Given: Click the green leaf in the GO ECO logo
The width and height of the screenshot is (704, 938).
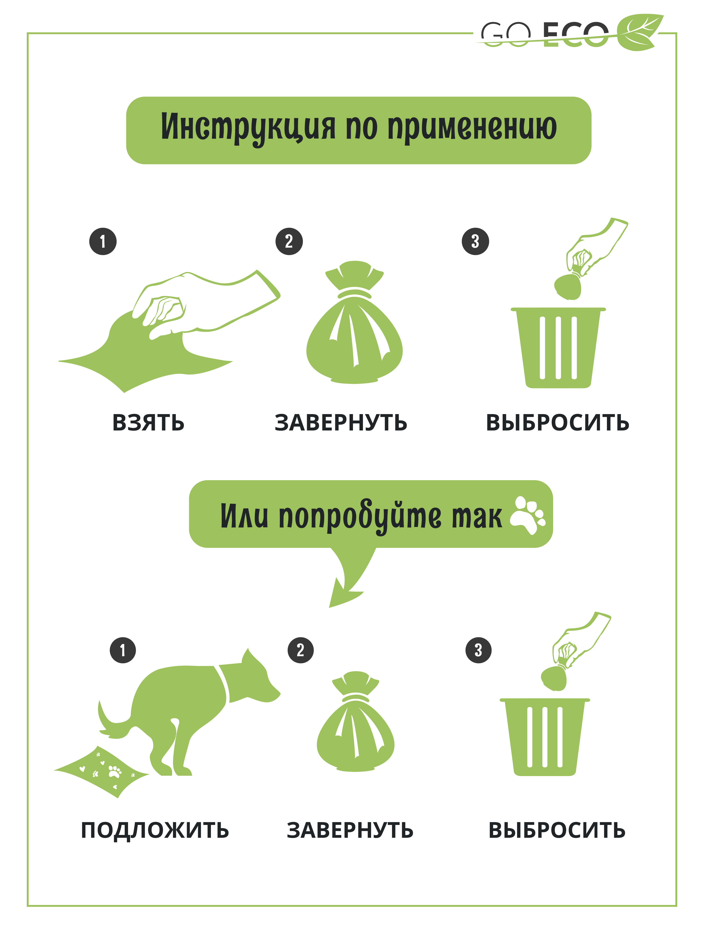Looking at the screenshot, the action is [639, 32].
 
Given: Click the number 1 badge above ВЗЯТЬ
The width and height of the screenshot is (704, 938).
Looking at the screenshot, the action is [103, 241].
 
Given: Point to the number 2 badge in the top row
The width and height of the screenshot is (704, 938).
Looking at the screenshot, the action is [289, 241].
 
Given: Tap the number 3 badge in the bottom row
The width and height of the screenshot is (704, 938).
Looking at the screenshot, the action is [478, 650].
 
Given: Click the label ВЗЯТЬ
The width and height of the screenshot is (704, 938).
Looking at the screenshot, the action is [148, 423].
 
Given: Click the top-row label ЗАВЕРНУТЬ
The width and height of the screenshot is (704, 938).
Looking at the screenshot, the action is [341, 423].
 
